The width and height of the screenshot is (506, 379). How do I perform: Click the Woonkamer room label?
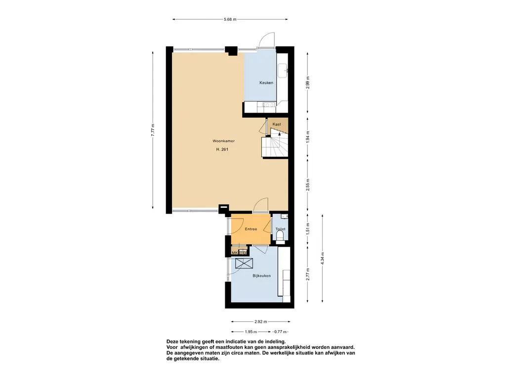[223, 141]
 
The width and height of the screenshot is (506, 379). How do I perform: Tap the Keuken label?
[266, 83]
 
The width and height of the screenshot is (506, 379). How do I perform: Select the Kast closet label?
[277, 124]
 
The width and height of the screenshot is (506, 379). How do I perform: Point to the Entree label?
[251, 229]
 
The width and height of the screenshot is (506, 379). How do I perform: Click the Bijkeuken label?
[261, 276]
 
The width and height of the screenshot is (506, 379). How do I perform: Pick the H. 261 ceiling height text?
[222, 149]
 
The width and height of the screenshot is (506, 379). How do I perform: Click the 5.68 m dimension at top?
[230, 19]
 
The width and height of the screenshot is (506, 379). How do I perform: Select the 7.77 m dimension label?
[153, 130]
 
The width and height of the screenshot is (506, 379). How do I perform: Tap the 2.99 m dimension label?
[307, 82]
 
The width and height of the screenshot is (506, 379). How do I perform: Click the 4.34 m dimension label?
[322, 259]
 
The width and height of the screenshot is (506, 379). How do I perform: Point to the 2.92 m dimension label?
[261, 322]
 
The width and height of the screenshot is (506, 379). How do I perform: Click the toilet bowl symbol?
[280, 235]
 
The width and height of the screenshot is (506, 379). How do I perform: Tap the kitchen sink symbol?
[283, 71]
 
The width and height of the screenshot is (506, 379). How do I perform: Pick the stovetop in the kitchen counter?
[268, 105]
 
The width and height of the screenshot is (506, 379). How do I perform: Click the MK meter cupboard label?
[235, 253]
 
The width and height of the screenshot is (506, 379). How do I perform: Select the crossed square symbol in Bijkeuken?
[244, 264]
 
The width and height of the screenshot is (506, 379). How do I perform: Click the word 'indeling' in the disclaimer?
[273, 341]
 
